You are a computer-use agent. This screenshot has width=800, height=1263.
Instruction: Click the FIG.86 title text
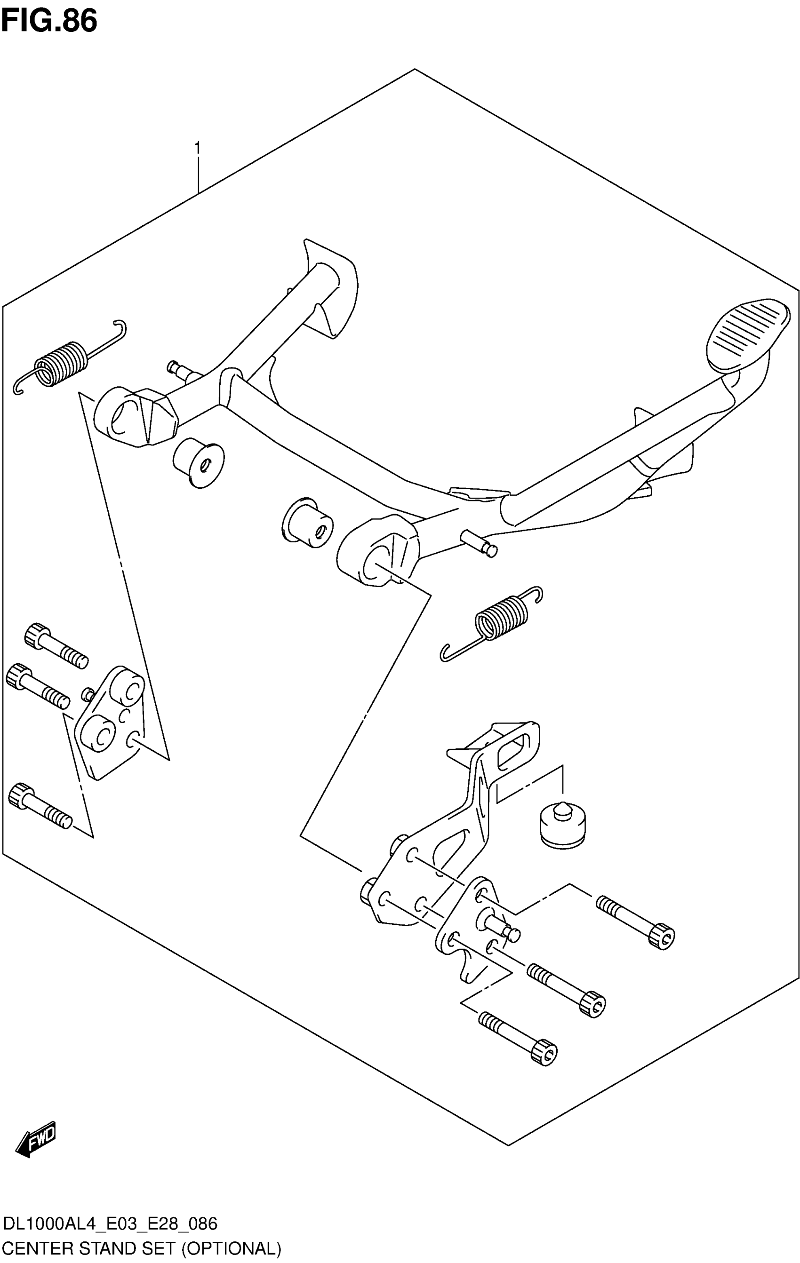pyautogui.click(x=49, y=22)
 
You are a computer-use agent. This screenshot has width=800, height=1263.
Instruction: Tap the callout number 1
pyautogui.click(x=197, y=149)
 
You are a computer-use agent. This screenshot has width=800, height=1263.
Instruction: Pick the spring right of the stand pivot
pyautogui.click(x=501, y=619)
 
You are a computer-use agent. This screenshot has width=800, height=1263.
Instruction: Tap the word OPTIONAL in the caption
pyautogui.click(x=231, y=1248)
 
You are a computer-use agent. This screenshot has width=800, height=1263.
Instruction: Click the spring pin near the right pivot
pyautogui.click(x=478, y=543)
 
